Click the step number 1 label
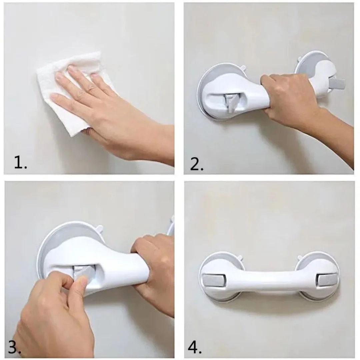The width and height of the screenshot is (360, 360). [x=21, y=162]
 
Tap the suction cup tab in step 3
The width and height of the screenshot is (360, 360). [x=99, y=228]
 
